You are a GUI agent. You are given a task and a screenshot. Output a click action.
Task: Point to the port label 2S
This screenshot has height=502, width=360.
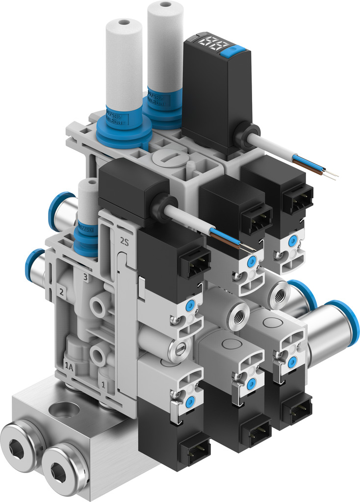point(125,240)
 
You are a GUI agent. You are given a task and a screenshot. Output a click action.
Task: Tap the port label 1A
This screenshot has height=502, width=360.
point(70,365)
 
